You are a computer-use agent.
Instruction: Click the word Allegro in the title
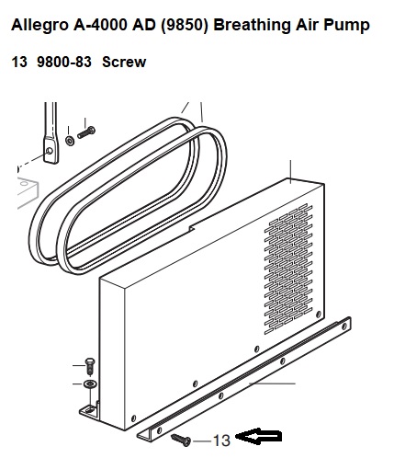click(39, 26)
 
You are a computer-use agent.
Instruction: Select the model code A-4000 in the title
click(100, 25)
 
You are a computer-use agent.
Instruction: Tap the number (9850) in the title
click(184, 25)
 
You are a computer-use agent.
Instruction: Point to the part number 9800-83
click(64, 62)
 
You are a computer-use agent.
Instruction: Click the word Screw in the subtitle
click(124, 62)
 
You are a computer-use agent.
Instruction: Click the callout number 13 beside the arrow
click(221, 441)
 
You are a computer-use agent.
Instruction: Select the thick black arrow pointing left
click(259, 436)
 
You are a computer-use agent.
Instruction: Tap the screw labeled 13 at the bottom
click(181, 440)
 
